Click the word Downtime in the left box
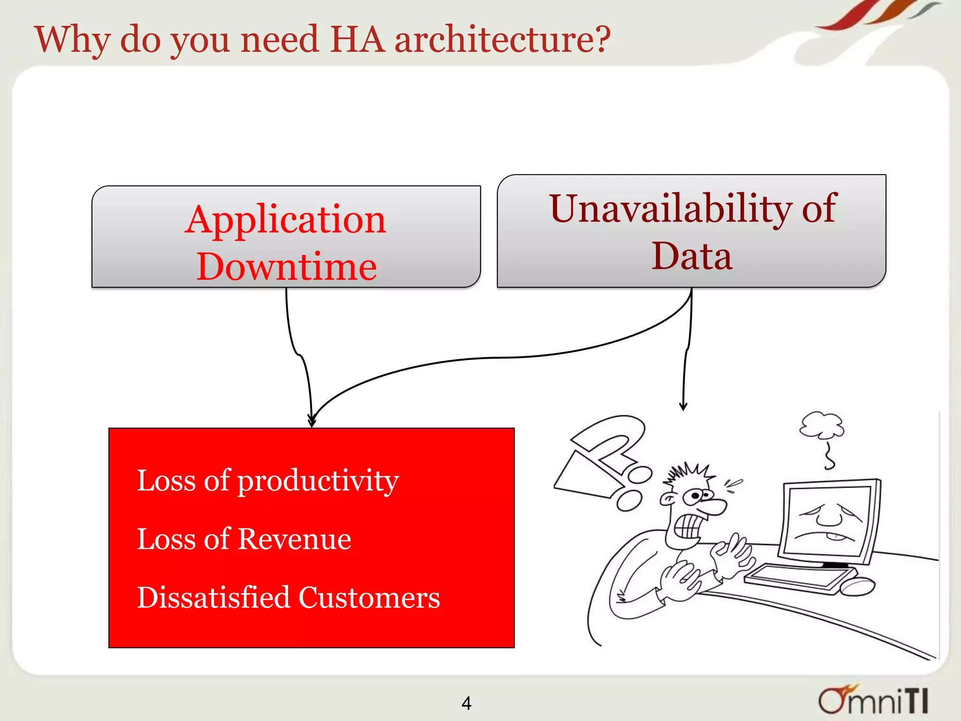coord(286,267)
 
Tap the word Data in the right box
coord(692,256)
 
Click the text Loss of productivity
coord(267,481)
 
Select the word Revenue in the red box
coord(294,539)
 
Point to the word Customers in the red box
coord(369,598)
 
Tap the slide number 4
coord(466,703)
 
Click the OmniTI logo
coord(873,700)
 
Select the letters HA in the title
coord(357,39)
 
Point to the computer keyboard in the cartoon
coord(798,578)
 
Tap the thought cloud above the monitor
coord(821,425)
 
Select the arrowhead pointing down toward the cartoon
coord(683,406)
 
